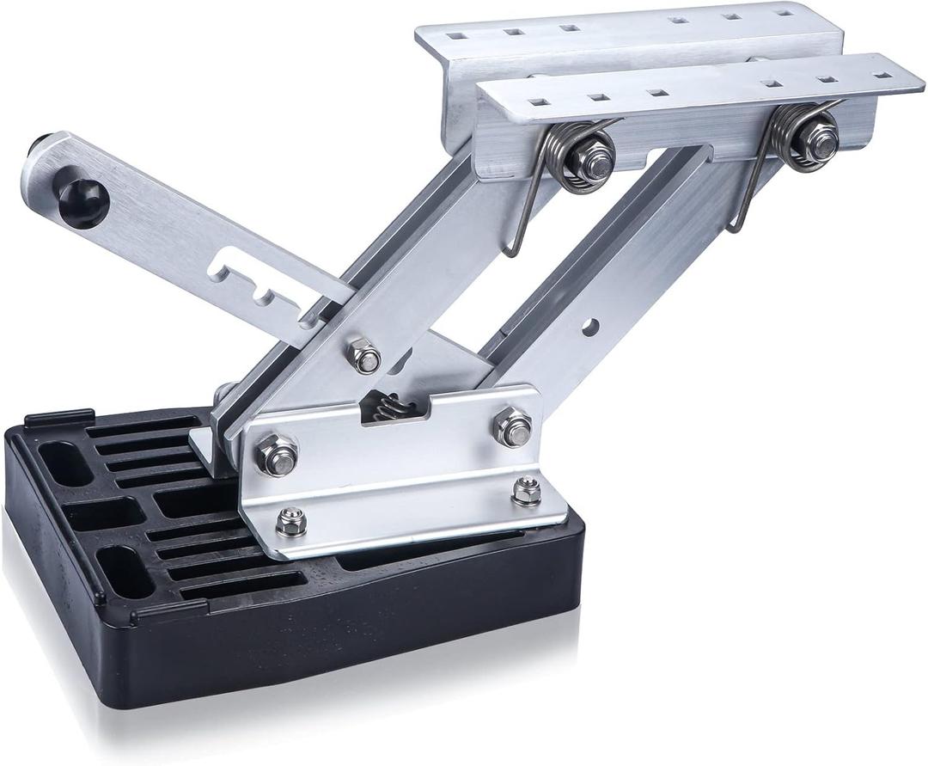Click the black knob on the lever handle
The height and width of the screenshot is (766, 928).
83,201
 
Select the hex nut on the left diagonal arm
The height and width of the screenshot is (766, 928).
365,356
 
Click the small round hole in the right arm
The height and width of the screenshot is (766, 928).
589,328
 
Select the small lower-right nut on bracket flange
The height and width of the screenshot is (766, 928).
526,492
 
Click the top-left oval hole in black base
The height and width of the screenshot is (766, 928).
65,463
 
